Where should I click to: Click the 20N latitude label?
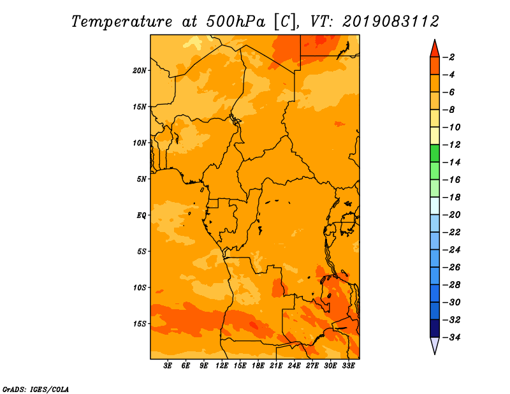click(x=140, y=71)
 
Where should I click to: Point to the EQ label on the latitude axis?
click(x=141, y=215)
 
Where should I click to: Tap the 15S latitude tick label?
click(x=140, y=324)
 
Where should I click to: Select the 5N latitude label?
click(x=142, y=179)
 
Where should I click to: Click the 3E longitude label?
click(x=168, y=365)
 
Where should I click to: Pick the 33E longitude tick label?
click(x=348, y=365)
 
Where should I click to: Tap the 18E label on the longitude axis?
click(x=258, y=365)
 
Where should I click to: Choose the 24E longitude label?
click(x=294, y=365)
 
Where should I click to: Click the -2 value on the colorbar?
click(x=449, y=57)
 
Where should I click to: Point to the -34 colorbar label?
click(x=451, y=337)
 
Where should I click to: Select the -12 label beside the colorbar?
click(x=451, y=145)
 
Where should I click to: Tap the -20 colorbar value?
click(x=451, y=215)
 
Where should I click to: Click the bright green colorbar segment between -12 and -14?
click(x=435, y=153)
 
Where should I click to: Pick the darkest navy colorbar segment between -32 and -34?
click(x=435, y=328)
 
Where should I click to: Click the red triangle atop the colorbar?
click(x=435, y=50)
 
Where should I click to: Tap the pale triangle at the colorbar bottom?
click(x=435, y=345)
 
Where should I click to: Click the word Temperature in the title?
click(x=122, y=22)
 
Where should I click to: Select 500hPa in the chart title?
click(x=235, y=22)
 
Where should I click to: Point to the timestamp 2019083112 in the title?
click(x=391, y=22)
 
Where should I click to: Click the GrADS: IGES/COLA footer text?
click(x=36, y=389)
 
